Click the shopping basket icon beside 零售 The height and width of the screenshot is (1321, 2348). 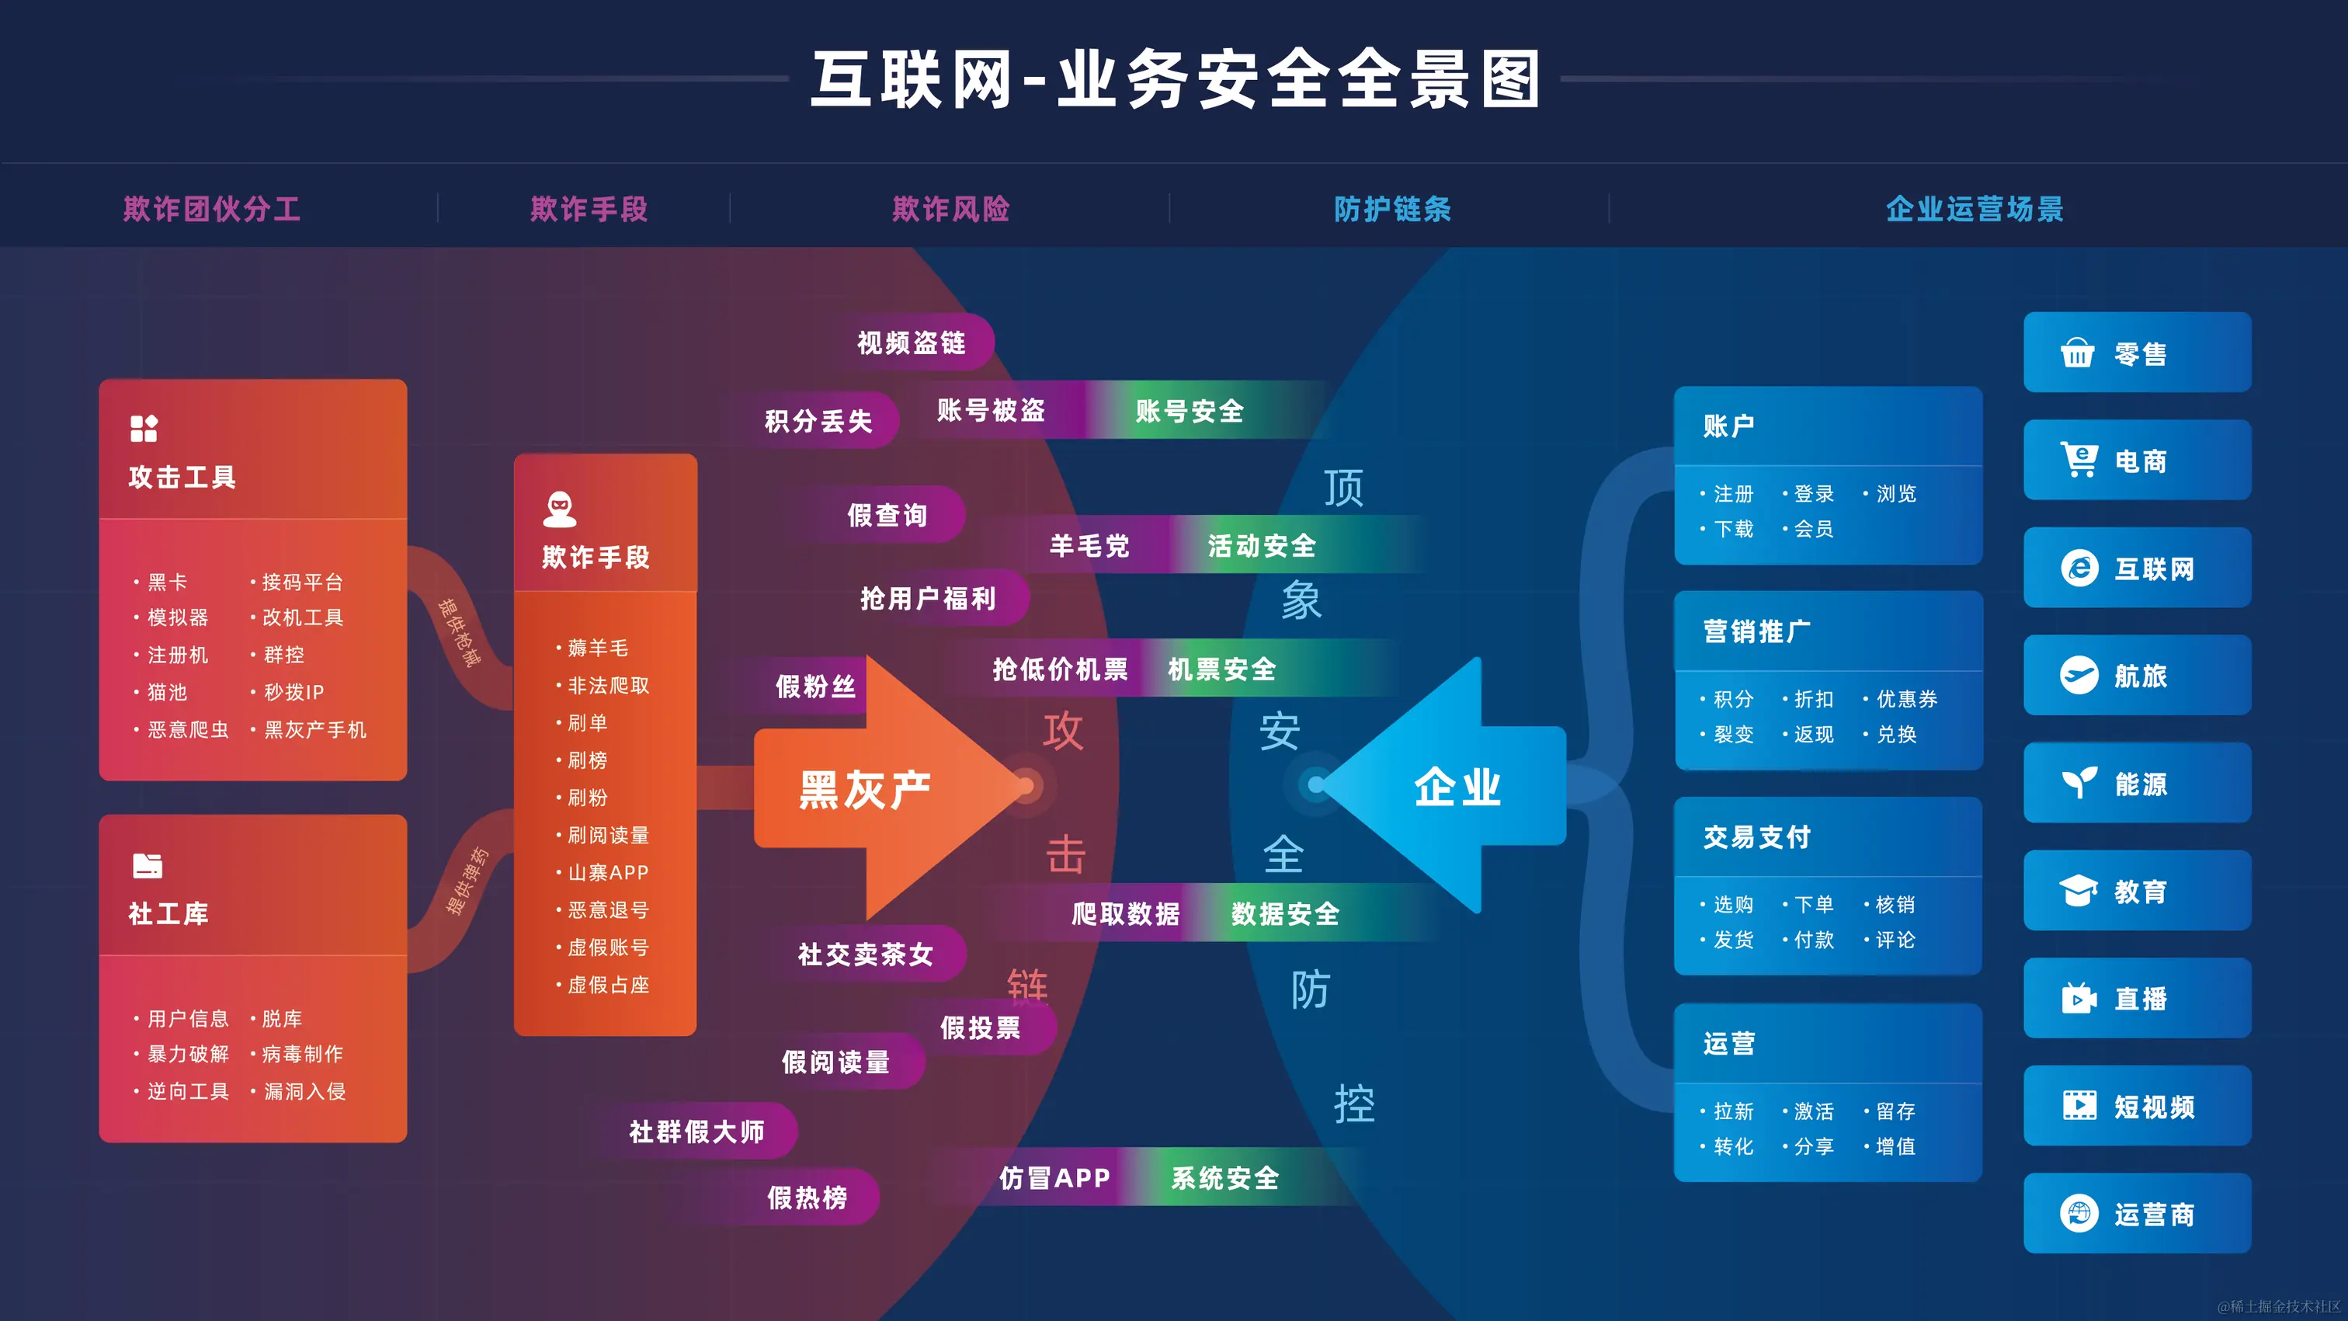(x=2077, y=353)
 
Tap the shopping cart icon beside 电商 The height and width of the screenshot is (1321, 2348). (x=2079, y=460)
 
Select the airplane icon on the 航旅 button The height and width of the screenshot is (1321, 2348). (x=2079, y=676)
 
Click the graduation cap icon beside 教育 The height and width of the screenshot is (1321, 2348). (x=2079, y=891)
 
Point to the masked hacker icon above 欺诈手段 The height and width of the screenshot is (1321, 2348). (x=559, y=509)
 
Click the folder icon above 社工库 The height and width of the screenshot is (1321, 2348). (x=147, y=865)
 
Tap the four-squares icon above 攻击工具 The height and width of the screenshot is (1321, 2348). (x=144, y=428)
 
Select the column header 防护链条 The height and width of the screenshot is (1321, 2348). (x=1392, y=209)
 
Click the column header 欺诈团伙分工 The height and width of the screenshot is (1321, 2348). (x=211, y=209)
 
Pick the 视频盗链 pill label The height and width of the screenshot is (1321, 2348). (x=911, y=342)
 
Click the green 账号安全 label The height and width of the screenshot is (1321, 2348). (x=1189, y=411)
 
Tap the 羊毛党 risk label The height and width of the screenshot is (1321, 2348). (x=1089, y=545)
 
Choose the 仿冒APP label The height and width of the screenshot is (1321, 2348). (x=1054, y=1178)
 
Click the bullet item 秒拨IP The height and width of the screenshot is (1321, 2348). (x=293, y=692)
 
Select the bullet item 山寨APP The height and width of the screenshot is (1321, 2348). (x=608, y=872)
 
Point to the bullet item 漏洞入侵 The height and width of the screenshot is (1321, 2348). (x=304, y=1091)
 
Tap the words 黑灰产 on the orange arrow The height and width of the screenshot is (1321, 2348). (x=864, y=790)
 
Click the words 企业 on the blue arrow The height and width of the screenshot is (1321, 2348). (x=1457, y=787)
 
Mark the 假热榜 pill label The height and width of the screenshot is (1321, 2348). (x=807, y=1197)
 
